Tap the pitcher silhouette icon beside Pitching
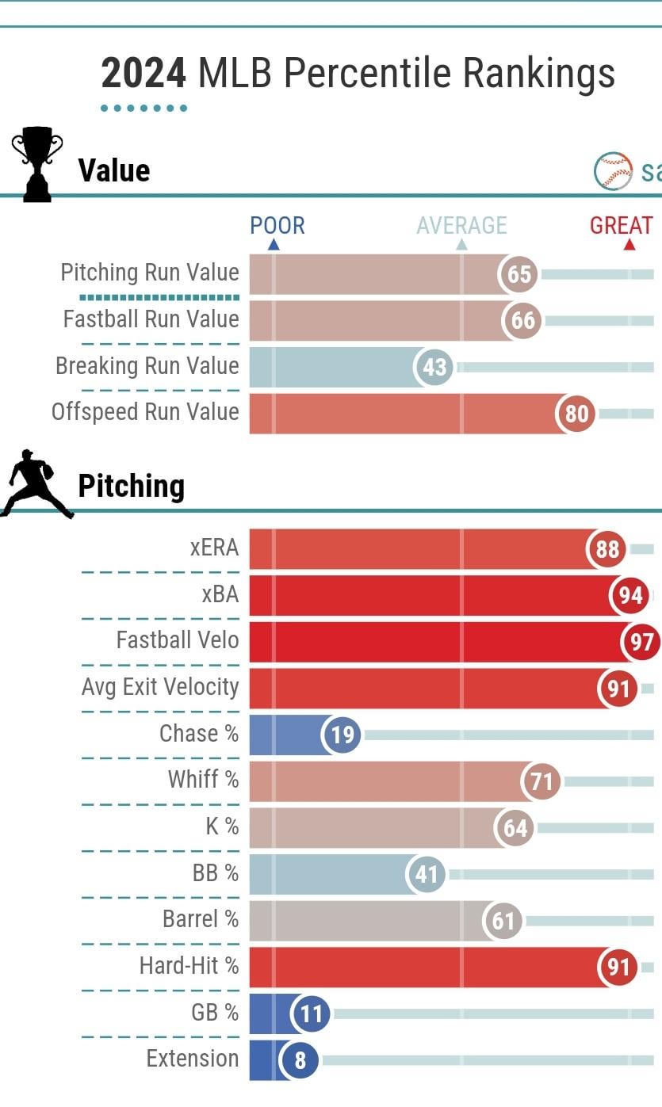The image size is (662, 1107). pos(36,484)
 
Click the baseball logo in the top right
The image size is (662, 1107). pos(613,171)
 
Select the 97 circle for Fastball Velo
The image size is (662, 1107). pos(641,642)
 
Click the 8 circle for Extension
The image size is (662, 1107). pos(300,1059)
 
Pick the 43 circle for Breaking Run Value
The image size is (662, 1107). pos(434,368)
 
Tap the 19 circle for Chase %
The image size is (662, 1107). pos(342,735)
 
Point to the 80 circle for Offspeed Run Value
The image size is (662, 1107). pos(576,414)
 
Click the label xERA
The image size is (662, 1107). pos(214,547)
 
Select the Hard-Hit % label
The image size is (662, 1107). pos(189,966)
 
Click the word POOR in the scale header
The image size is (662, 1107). pos(277,225)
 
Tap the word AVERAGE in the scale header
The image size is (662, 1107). pos(461,225)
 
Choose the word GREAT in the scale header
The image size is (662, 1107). pos(622,225)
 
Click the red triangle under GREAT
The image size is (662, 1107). pos(629,245)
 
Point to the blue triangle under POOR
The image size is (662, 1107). pos(274,245)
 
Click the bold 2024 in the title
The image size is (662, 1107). pos(143,74)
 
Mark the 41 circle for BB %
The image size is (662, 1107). pos(427,875)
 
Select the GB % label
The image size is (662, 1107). pos(204,1012)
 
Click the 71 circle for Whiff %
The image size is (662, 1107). pos(541,782)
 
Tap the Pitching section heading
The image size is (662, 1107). pos(131,486)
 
